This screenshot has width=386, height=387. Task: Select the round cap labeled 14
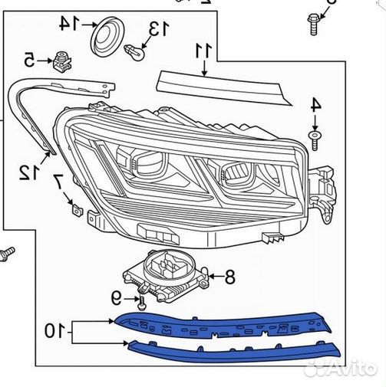[107, 35]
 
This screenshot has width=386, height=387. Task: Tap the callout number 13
[159, 28]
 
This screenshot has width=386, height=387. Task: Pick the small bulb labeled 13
[134, 52]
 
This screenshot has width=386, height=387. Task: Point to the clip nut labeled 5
[62, 62]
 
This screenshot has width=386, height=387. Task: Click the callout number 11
[203, 51]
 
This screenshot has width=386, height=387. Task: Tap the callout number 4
[315, 105]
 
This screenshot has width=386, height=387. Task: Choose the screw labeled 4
[315, 140]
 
